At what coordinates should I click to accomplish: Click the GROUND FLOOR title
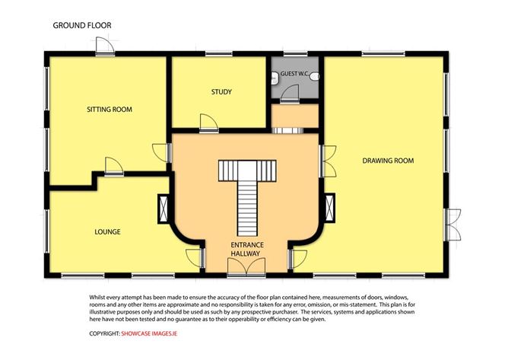tap(81, 25)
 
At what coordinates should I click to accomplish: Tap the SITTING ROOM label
tap(108, 110)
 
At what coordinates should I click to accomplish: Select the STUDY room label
tap(221, 92)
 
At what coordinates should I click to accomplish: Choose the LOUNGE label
tap(107, 231)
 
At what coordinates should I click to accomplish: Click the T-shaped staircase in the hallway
tap(246, 190)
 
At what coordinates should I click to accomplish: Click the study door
tap(205, 122)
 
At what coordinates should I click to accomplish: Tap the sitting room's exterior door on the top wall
tap(103, 47)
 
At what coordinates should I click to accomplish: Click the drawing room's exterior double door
tap(451, 224)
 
